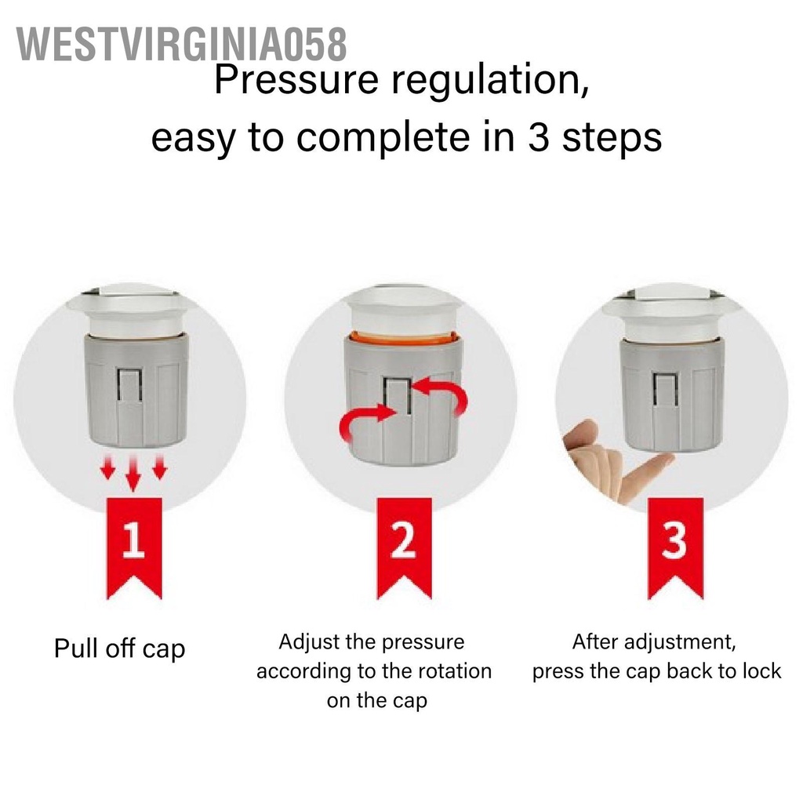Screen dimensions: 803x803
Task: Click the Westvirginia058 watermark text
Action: pyautogui.click(x=181, y=45)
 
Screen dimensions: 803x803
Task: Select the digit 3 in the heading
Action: pyautogui.click(x=539, y=137)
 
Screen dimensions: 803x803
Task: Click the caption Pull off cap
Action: pyautogui.click(x=119, y=649)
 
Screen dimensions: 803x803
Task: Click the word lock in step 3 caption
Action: pyautogui.click(x=761, y=671)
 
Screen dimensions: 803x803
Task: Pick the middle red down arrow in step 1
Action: pyautogui.click(x=133, y=471)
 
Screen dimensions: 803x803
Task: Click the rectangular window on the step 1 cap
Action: pyautogui.click(x=130, y=384)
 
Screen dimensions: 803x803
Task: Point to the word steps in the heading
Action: pyautogui.click(x=612, y=137)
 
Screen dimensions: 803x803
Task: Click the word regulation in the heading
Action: pyautogui.click(x=490, y=81)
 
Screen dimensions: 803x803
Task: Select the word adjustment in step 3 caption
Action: pyautogui.click(x=685, y=642)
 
